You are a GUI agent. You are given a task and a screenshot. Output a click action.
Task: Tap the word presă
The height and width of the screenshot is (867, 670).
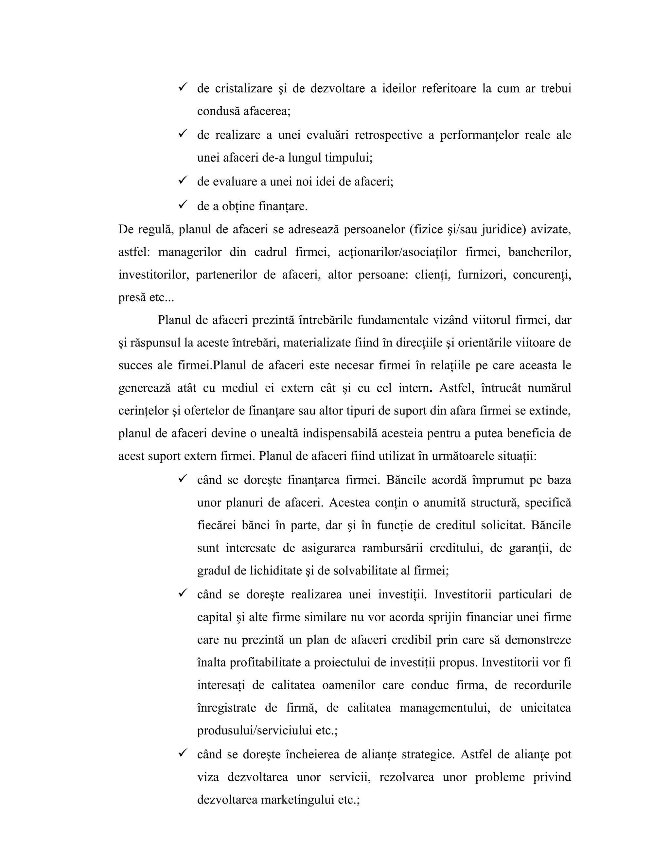(x=132, y=298)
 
